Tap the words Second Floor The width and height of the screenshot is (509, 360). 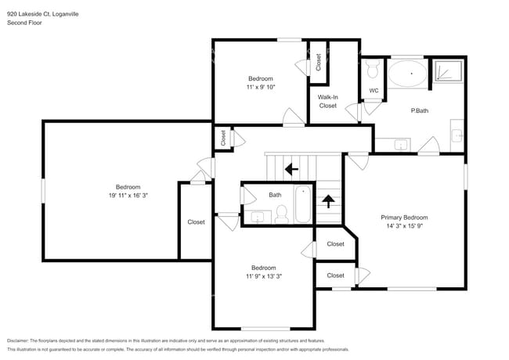coord(24,23)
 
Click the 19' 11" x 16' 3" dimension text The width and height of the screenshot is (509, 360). coord(128,196)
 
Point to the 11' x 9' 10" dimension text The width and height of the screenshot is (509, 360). coord(261,88)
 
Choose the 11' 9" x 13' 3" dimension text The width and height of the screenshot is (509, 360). coord(263,276)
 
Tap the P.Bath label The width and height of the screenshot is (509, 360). coord(419,111)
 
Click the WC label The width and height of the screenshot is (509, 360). coord(374,92)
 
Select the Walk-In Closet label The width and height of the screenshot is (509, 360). coord(327,101)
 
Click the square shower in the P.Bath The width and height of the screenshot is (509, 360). coord(449,71)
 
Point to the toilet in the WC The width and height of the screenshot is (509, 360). coord(373,72)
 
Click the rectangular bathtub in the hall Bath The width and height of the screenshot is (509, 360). coord(302,204)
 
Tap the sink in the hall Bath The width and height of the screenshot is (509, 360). coord(256,216)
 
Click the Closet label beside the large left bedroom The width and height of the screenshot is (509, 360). coord(196,222)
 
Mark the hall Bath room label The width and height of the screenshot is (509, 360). coord(275,195)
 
